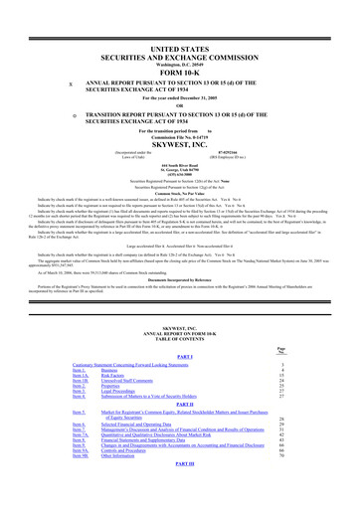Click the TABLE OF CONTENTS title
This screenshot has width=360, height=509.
(179, 343)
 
